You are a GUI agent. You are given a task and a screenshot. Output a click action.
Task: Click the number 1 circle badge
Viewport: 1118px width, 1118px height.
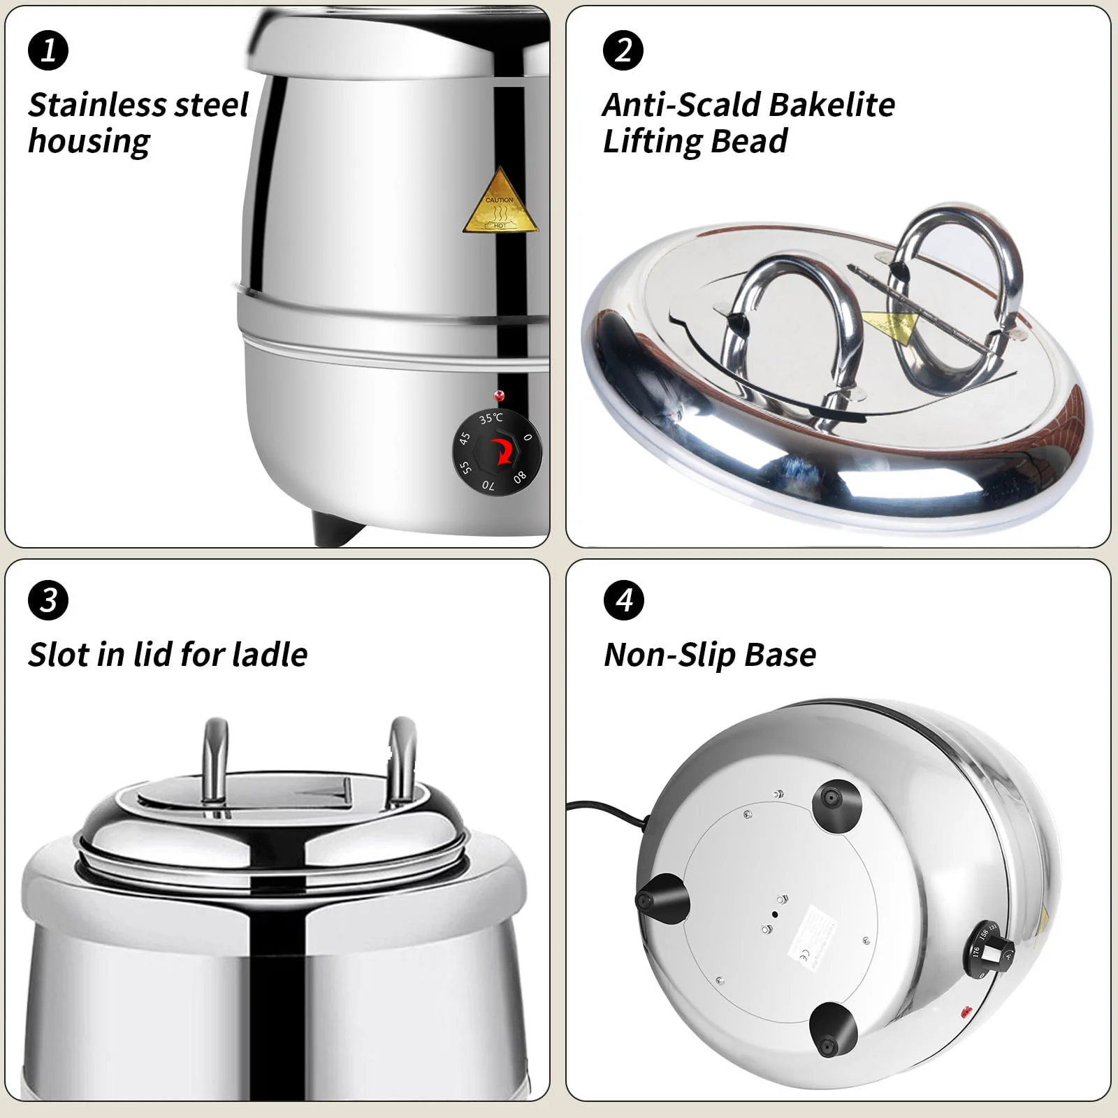48,50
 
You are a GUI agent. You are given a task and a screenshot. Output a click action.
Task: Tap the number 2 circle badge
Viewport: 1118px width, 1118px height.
623,50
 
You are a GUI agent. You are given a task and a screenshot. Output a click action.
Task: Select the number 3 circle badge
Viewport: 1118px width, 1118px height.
48,600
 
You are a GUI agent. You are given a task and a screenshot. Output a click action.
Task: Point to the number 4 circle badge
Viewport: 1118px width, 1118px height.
623,600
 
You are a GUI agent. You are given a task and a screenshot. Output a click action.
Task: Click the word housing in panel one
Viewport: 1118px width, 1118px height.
89,142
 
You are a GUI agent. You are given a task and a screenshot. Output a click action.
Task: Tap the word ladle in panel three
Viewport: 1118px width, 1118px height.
270,655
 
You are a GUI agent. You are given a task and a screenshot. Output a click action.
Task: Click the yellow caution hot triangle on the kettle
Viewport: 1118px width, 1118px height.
500,205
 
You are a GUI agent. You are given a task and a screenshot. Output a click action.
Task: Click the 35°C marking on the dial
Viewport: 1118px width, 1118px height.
491,418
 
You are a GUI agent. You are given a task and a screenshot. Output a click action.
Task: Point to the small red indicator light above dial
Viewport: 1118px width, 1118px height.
499,396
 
